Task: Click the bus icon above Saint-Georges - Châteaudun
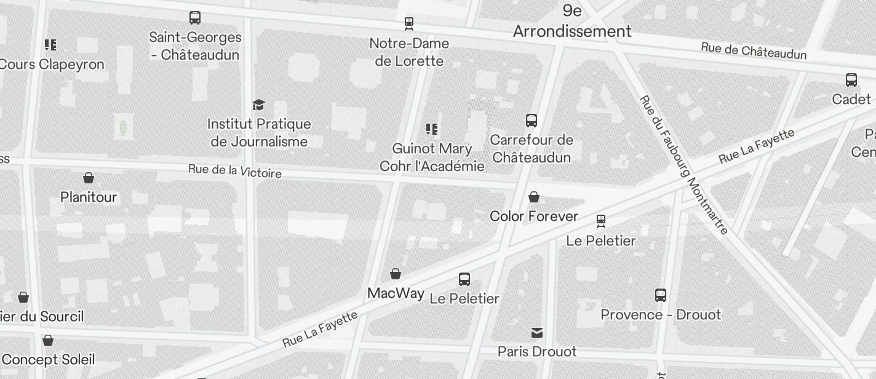(195, 18)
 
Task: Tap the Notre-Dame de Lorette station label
(409, 52)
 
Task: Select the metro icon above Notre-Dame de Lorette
(409, 24)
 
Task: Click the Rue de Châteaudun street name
(754, 51)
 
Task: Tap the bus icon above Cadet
(851, 80)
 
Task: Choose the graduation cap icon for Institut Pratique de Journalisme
(259, 105)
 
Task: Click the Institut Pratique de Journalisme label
(259, 133)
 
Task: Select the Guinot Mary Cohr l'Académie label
(432, 158)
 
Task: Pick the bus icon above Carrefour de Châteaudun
(532, 121)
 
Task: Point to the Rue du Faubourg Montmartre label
(683, 164)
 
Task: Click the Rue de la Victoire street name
(235, 171)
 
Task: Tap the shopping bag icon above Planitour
(89, 178)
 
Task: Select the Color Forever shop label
(534, 216)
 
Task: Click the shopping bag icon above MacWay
(396, 274)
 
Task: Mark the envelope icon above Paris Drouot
(537, 333)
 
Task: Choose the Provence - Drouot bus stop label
(661, 314)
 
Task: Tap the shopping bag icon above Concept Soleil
(48, 340)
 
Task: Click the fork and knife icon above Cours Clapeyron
(50, 45)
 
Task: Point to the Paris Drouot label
(537, 351)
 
